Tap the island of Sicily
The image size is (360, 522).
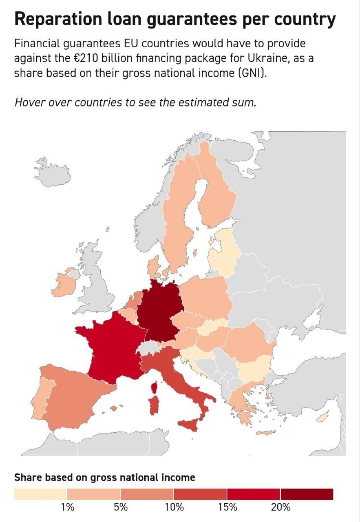[x=190, y=425]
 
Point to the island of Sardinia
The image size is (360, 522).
[x=155, y=405]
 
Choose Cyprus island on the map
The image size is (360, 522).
[x=323, y=418]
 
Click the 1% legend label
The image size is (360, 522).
[x=68, y=507]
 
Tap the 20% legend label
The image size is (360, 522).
[x=280, y=507]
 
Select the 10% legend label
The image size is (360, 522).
[x=174, y=507]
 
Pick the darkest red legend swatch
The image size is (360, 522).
[x=307, y=494]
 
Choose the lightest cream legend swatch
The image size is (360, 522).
[x=40, y=494]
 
